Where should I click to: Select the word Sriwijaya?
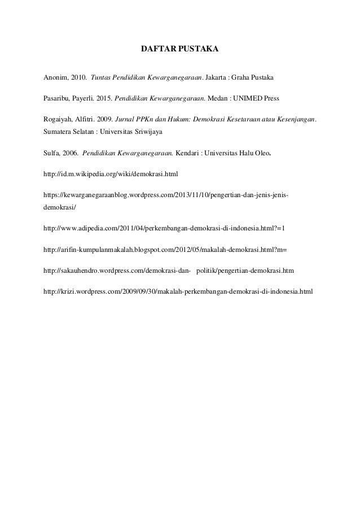146,131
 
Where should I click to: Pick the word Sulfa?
52,152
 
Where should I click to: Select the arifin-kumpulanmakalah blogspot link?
165,250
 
